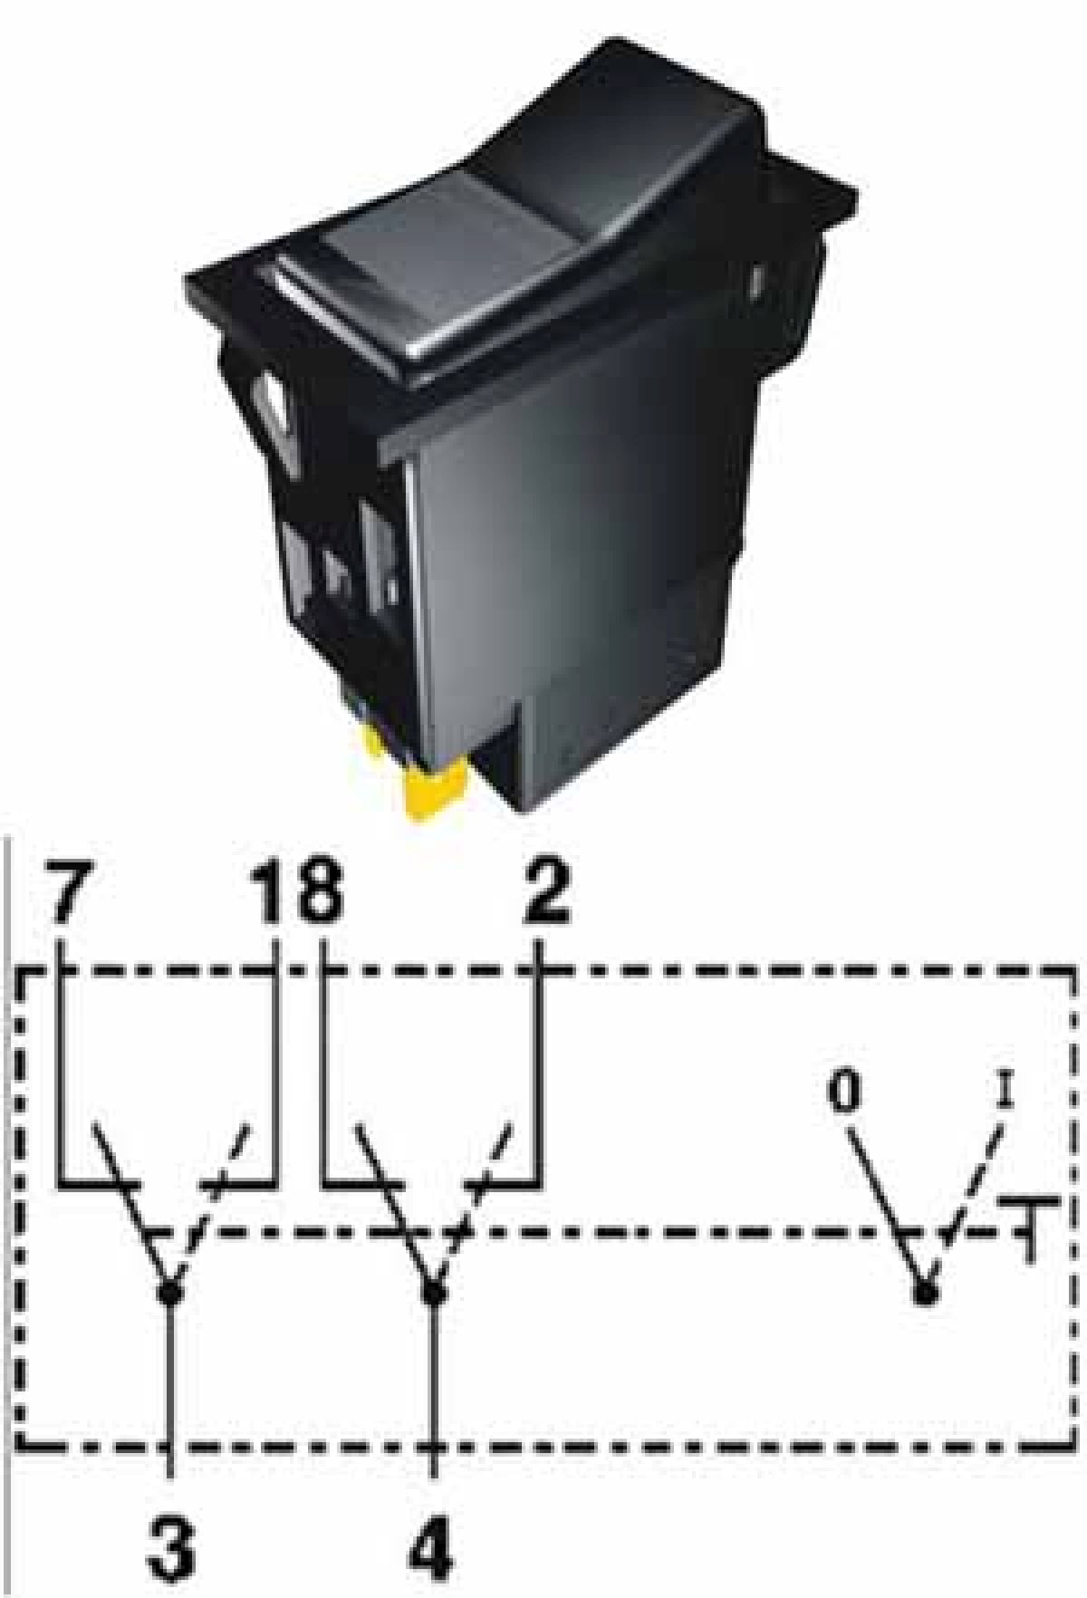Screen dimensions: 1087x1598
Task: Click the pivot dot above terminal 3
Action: (169, 1292)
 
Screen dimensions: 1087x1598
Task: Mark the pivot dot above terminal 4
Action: (434, 1292)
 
